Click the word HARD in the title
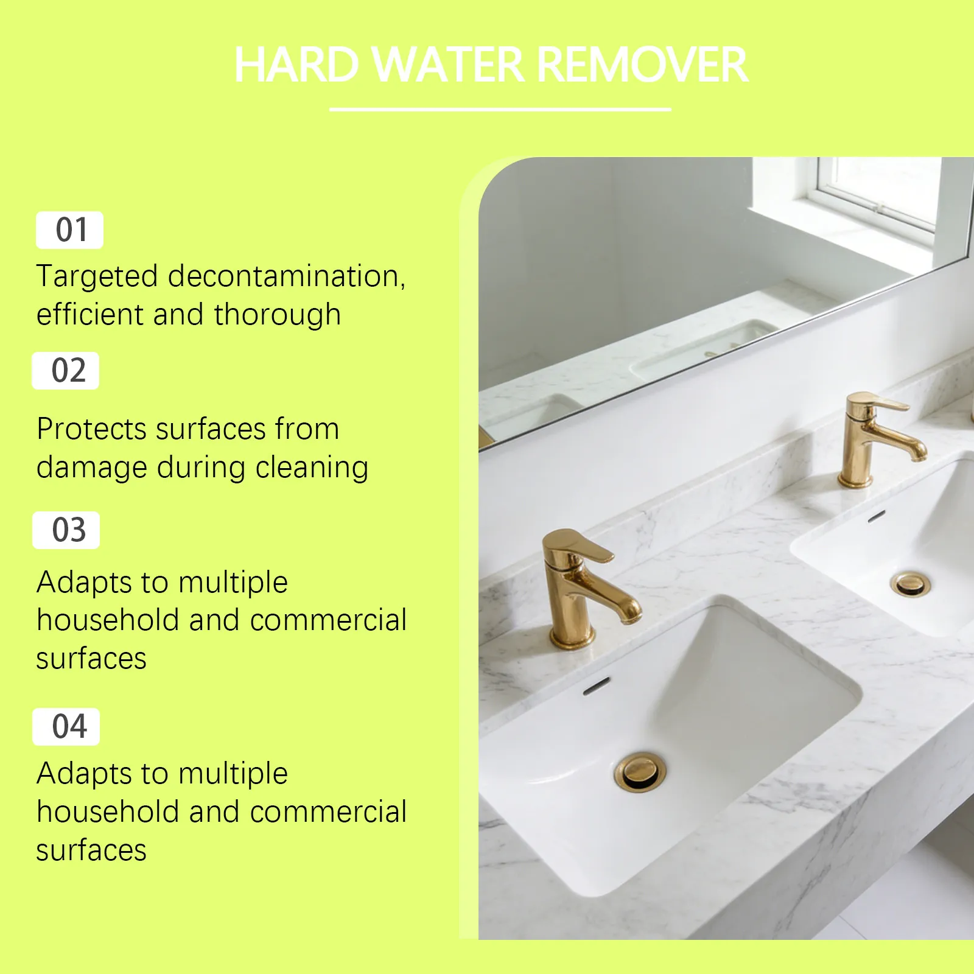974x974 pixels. (297, 65)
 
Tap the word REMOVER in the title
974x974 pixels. (643, 65)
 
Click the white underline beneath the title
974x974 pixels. (500, 110)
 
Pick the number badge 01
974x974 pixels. (69, 230)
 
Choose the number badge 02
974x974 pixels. (66, 371)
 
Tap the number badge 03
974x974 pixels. (66, 530)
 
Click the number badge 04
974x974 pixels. (66, 727)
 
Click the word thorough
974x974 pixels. (277, 315)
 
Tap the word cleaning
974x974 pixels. (312, 468)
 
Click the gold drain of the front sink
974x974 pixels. (640, 772)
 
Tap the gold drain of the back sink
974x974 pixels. (911, 584)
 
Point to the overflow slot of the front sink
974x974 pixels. (597, 686)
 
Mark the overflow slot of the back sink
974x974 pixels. (876, 517)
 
